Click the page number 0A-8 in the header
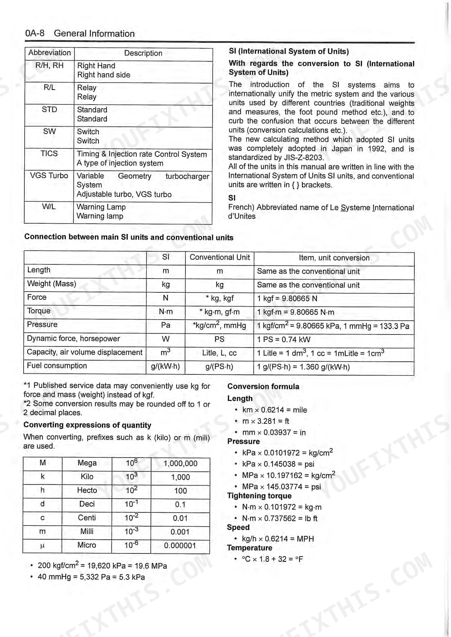(35, 33)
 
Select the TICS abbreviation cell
(49, 154)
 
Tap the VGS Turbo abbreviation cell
(49, 176)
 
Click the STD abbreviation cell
(49, 110)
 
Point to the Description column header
(143, 53)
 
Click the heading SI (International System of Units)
(289, 52)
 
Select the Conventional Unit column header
(220, 257)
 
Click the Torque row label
(39, 311)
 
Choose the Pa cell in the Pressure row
(166, 325)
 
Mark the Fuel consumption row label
(57, 366)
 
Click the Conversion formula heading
(263, 387)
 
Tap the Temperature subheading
(249, 548)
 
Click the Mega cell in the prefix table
(87, 463)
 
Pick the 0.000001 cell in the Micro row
(180, 545)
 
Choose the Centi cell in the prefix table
(87, 518)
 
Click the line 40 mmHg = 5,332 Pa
(91, 577)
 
